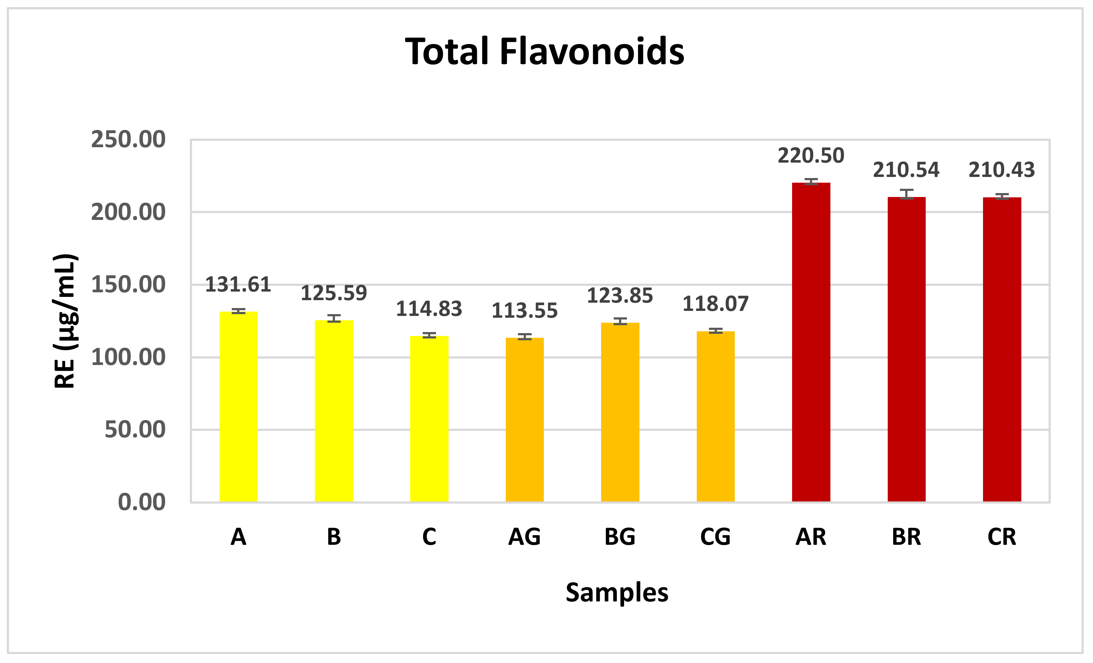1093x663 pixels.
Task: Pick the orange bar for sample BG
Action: (620, 412)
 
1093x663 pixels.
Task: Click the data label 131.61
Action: (238, 285)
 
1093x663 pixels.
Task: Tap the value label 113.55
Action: (524, 311)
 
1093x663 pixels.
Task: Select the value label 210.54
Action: (906, 170)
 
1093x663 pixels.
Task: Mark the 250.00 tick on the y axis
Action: (128, 140)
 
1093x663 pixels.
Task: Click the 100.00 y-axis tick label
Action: (128, 357)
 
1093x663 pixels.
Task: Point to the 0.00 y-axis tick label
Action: (142, 503)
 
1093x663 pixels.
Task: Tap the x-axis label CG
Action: (715, 537)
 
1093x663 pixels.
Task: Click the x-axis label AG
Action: (524, 537)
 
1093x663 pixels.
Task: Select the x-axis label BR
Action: (906, 537)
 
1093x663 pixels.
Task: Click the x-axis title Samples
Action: (617, 592)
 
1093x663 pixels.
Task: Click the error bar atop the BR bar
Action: (907, 194)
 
